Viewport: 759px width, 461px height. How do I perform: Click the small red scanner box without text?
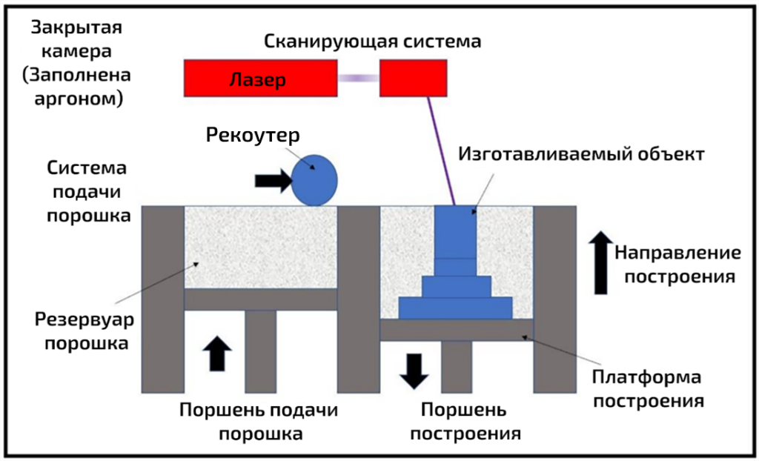[413, 79]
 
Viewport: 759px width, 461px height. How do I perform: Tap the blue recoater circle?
[314, 180]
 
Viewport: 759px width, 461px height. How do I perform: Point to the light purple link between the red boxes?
[359, 78]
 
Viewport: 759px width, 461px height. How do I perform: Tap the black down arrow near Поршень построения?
[414, 370]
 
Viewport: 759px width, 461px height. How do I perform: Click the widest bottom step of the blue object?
[456, 308]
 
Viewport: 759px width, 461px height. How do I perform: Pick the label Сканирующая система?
[373, 41]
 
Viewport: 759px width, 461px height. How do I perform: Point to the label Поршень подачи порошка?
[259, 422]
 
